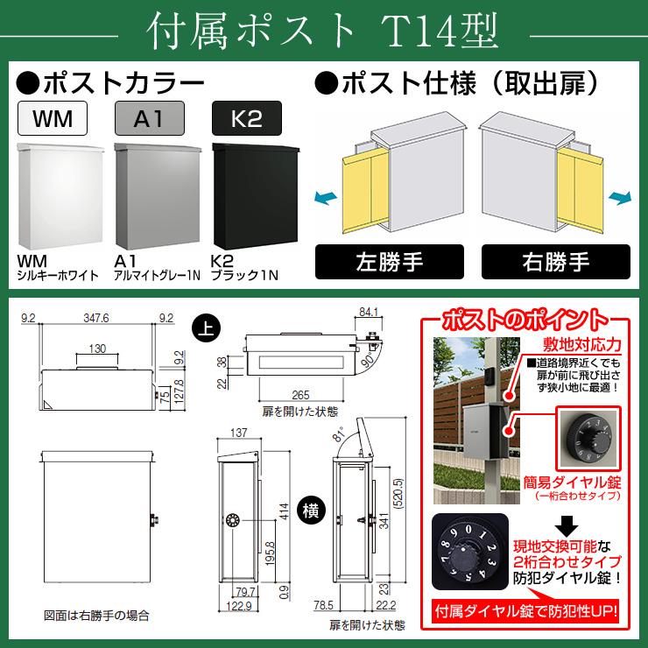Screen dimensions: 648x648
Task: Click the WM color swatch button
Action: click(53, 118)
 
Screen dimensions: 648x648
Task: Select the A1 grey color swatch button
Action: click(150, 118)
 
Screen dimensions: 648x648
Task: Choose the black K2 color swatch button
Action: click(247, 118)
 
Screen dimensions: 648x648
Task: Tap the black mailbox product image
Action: click(256, 196)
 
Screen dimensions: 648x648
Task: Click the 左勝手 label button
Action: click(390, 262)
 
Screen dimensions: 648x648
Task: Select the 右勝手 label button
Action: click(556, 262)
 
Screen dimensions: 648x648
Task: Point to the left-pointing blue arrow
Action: click(325, 198)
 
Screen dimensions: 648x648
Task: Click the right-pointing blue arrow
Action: click(620, 198)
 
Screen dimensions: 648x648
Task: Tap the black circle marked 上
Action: click(206, 328)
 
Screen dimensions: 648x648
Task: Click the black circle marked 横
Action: click(310, 511)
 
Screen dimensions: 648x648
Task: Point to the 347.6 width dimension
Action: click(96, 318)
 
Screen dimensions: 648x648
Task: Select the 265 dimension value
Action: click(300, 395)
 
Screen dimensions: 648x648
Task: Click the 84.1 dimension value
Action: click(369, 312)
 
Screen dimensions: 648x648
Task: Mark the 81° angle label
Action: click(339, 434)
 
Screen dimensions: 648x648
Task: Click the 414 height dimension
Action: click(284, 511)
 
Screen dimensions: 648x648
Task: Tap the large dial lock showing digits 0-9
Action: click(470, 552)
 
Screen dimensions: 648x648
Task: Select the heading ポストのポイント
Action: click(525, 320)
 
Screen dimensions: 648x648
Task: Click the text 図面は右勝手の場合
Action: click(96, 616)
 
